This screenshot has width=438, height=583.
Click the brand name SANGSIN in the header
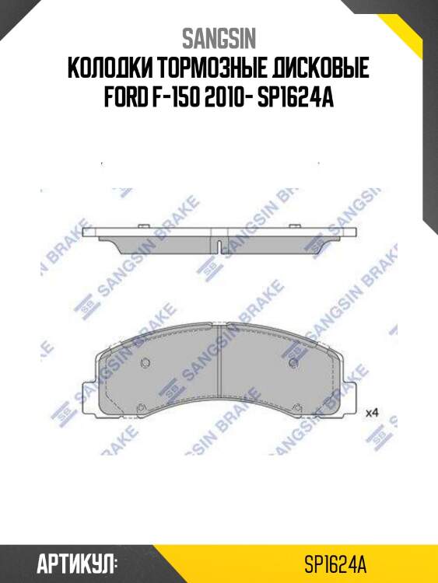[x=219, y=38]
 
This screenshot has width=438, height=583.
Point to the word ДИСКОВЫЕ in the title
[x=321, y=71]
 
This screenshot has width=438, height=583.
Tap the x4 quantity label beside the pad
[x=371, y=412]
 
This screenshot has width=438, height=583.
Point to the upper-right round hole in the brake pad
[x=293, y=364]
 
